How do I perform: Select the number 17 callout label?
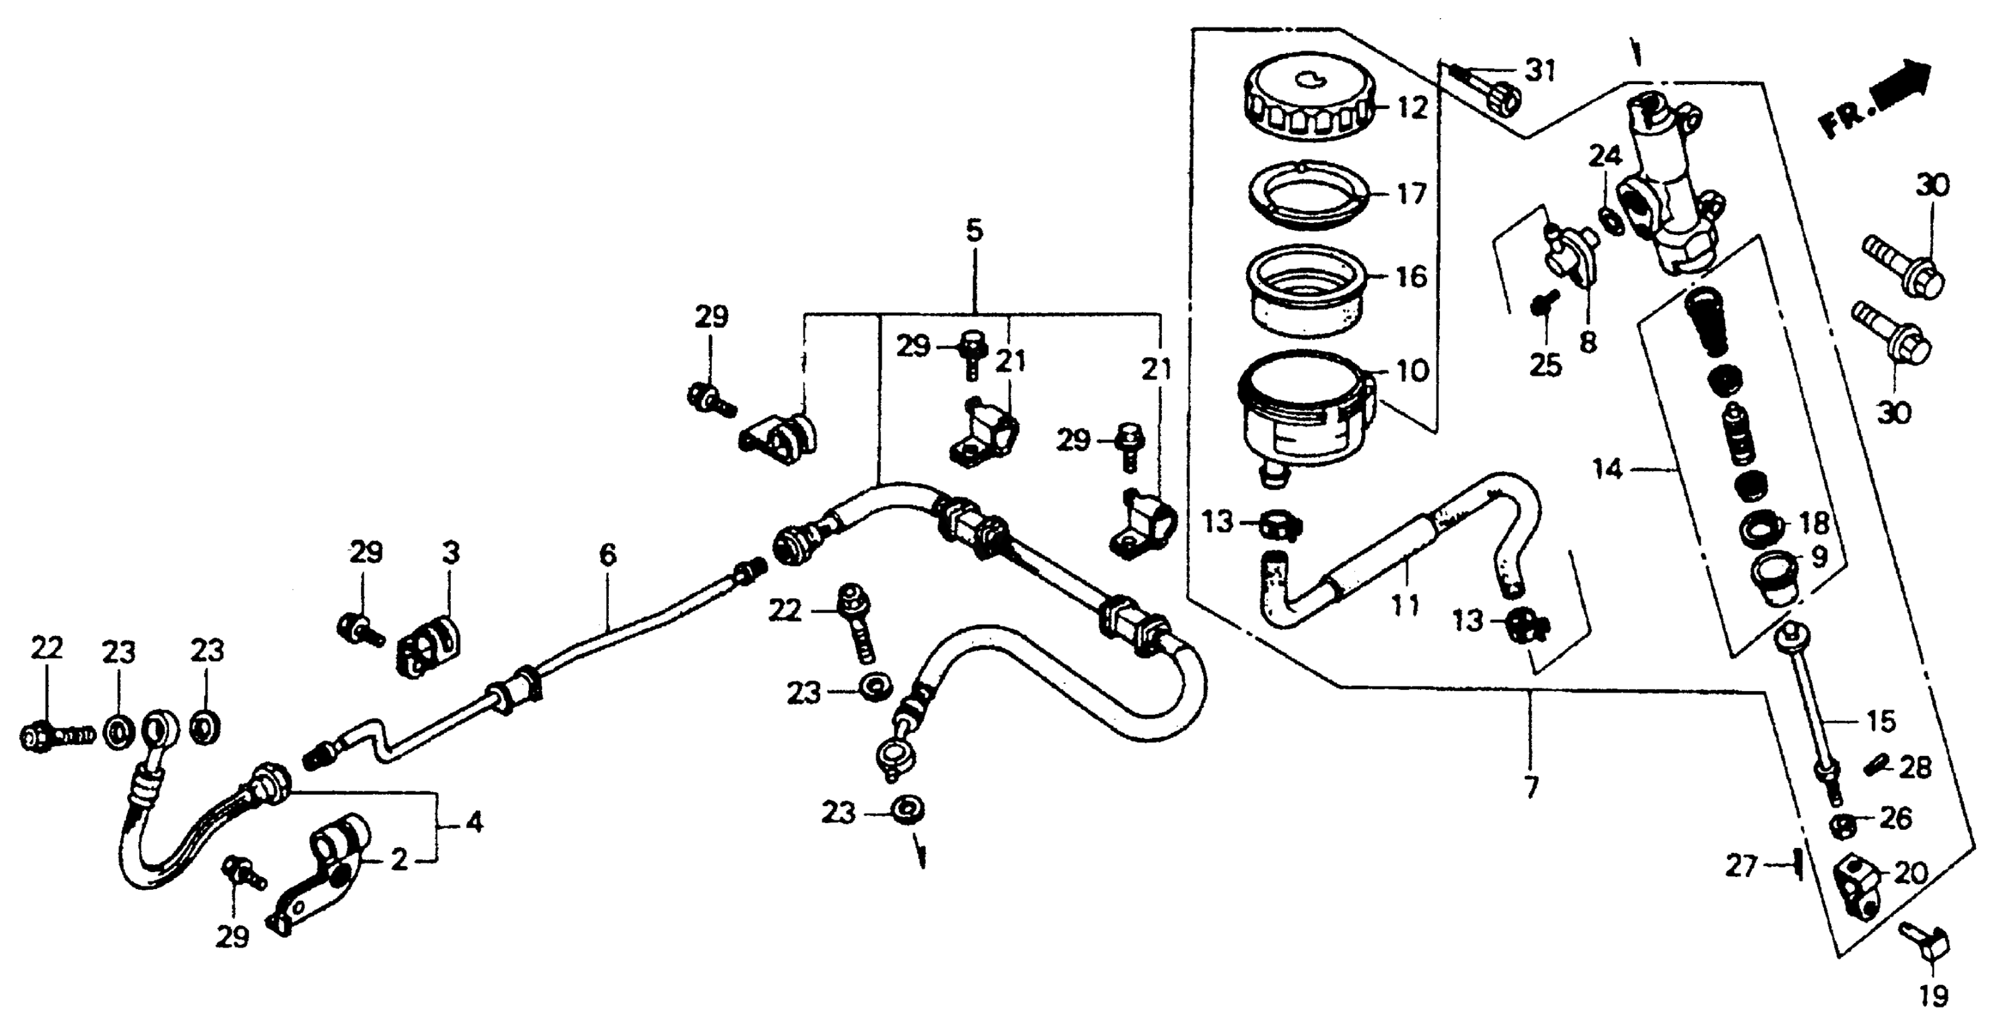[x=1411, y=193]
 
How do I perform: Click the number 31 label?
[x=1540, y=71]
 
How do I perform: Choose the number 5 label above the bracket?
[x=974, y=231]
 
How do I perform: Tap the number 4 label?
[x=474, y=821]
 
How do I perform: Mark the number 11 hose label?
[x=1405, y=605]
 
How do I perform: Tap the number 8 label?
[x=1589, y=341]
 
